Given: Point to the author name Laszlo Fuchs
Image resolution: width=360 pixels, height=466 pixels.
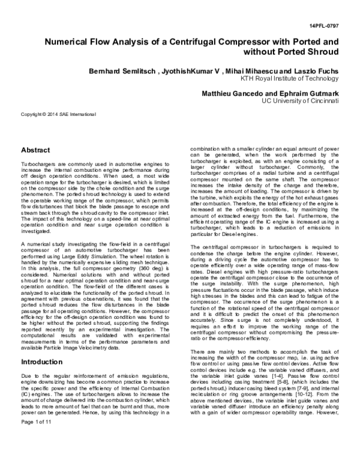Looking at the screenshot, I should tap(316, 71).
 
